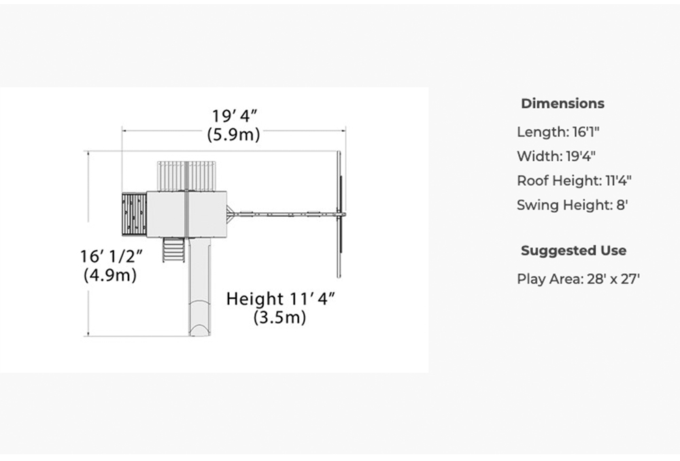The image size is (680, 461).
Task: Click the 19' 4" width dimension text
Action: click(x=235, y=116)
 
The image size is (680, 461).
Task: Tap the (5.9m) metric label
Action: click(x=233, y=135)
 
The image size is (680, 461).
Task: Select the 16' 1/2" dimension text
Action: click(x=112, y=256)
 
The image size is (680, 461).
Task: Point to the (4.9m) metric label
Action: click(x=110, y=275)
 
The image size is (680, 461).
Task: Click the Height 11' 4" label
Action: click(x=281, y=298)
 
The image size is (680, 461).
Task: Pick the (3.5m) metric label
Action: click(x=279, y=318)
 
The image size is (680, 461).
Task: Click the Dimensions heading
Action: click(x=562, y=103)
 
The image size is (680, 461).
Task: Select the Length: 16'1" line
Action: click(x=558, y=132)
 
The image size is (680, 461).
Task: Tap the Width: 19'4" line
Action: click(x=556, y=156)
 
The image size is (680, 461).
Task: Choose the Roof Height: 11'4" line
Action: click(x=574, y=181)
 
